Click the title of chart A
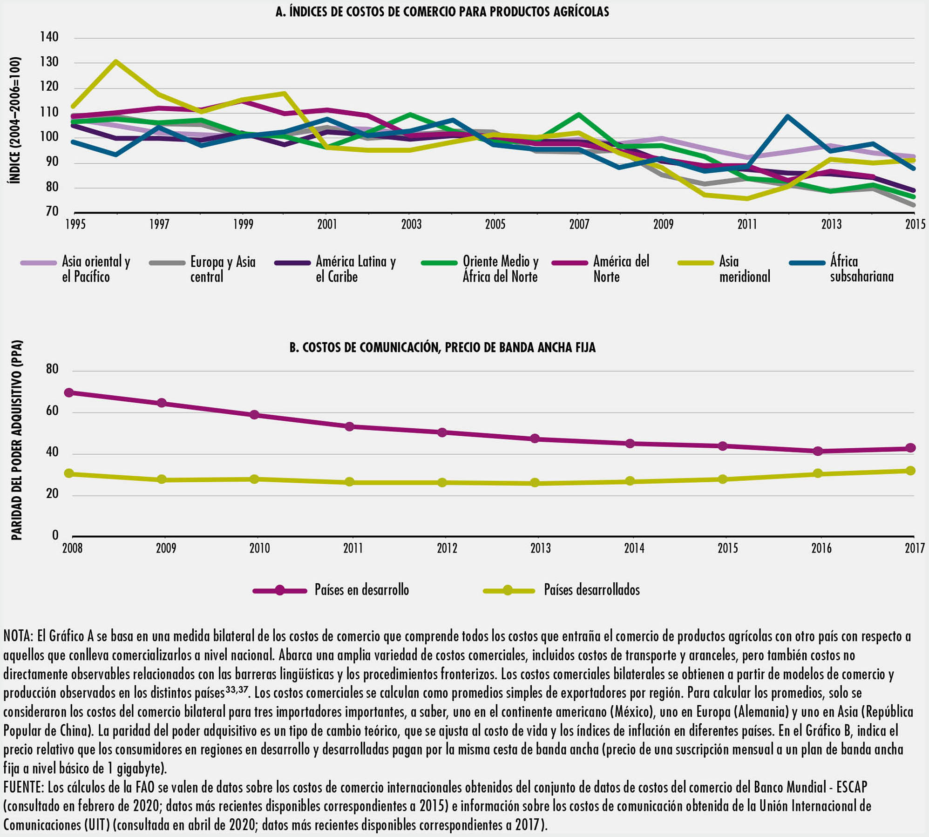442,12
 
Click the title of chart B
442,348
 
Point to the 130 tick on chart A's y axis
49,62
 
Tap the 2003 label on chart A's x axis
411,225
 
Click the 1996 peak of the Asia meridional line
115,61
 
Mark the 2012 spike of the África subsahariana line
787,116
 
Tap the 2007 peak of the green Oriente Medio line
578,114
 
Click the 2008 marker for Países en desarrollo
69,392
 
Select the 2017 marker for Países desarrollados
911,471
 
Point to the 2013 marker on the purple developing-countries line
535,439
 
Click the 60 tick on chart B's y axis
52,411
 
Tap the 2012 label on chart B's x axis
447,548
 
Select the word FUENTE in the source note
23,787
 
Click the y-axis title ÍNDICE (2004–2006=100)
15,120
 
